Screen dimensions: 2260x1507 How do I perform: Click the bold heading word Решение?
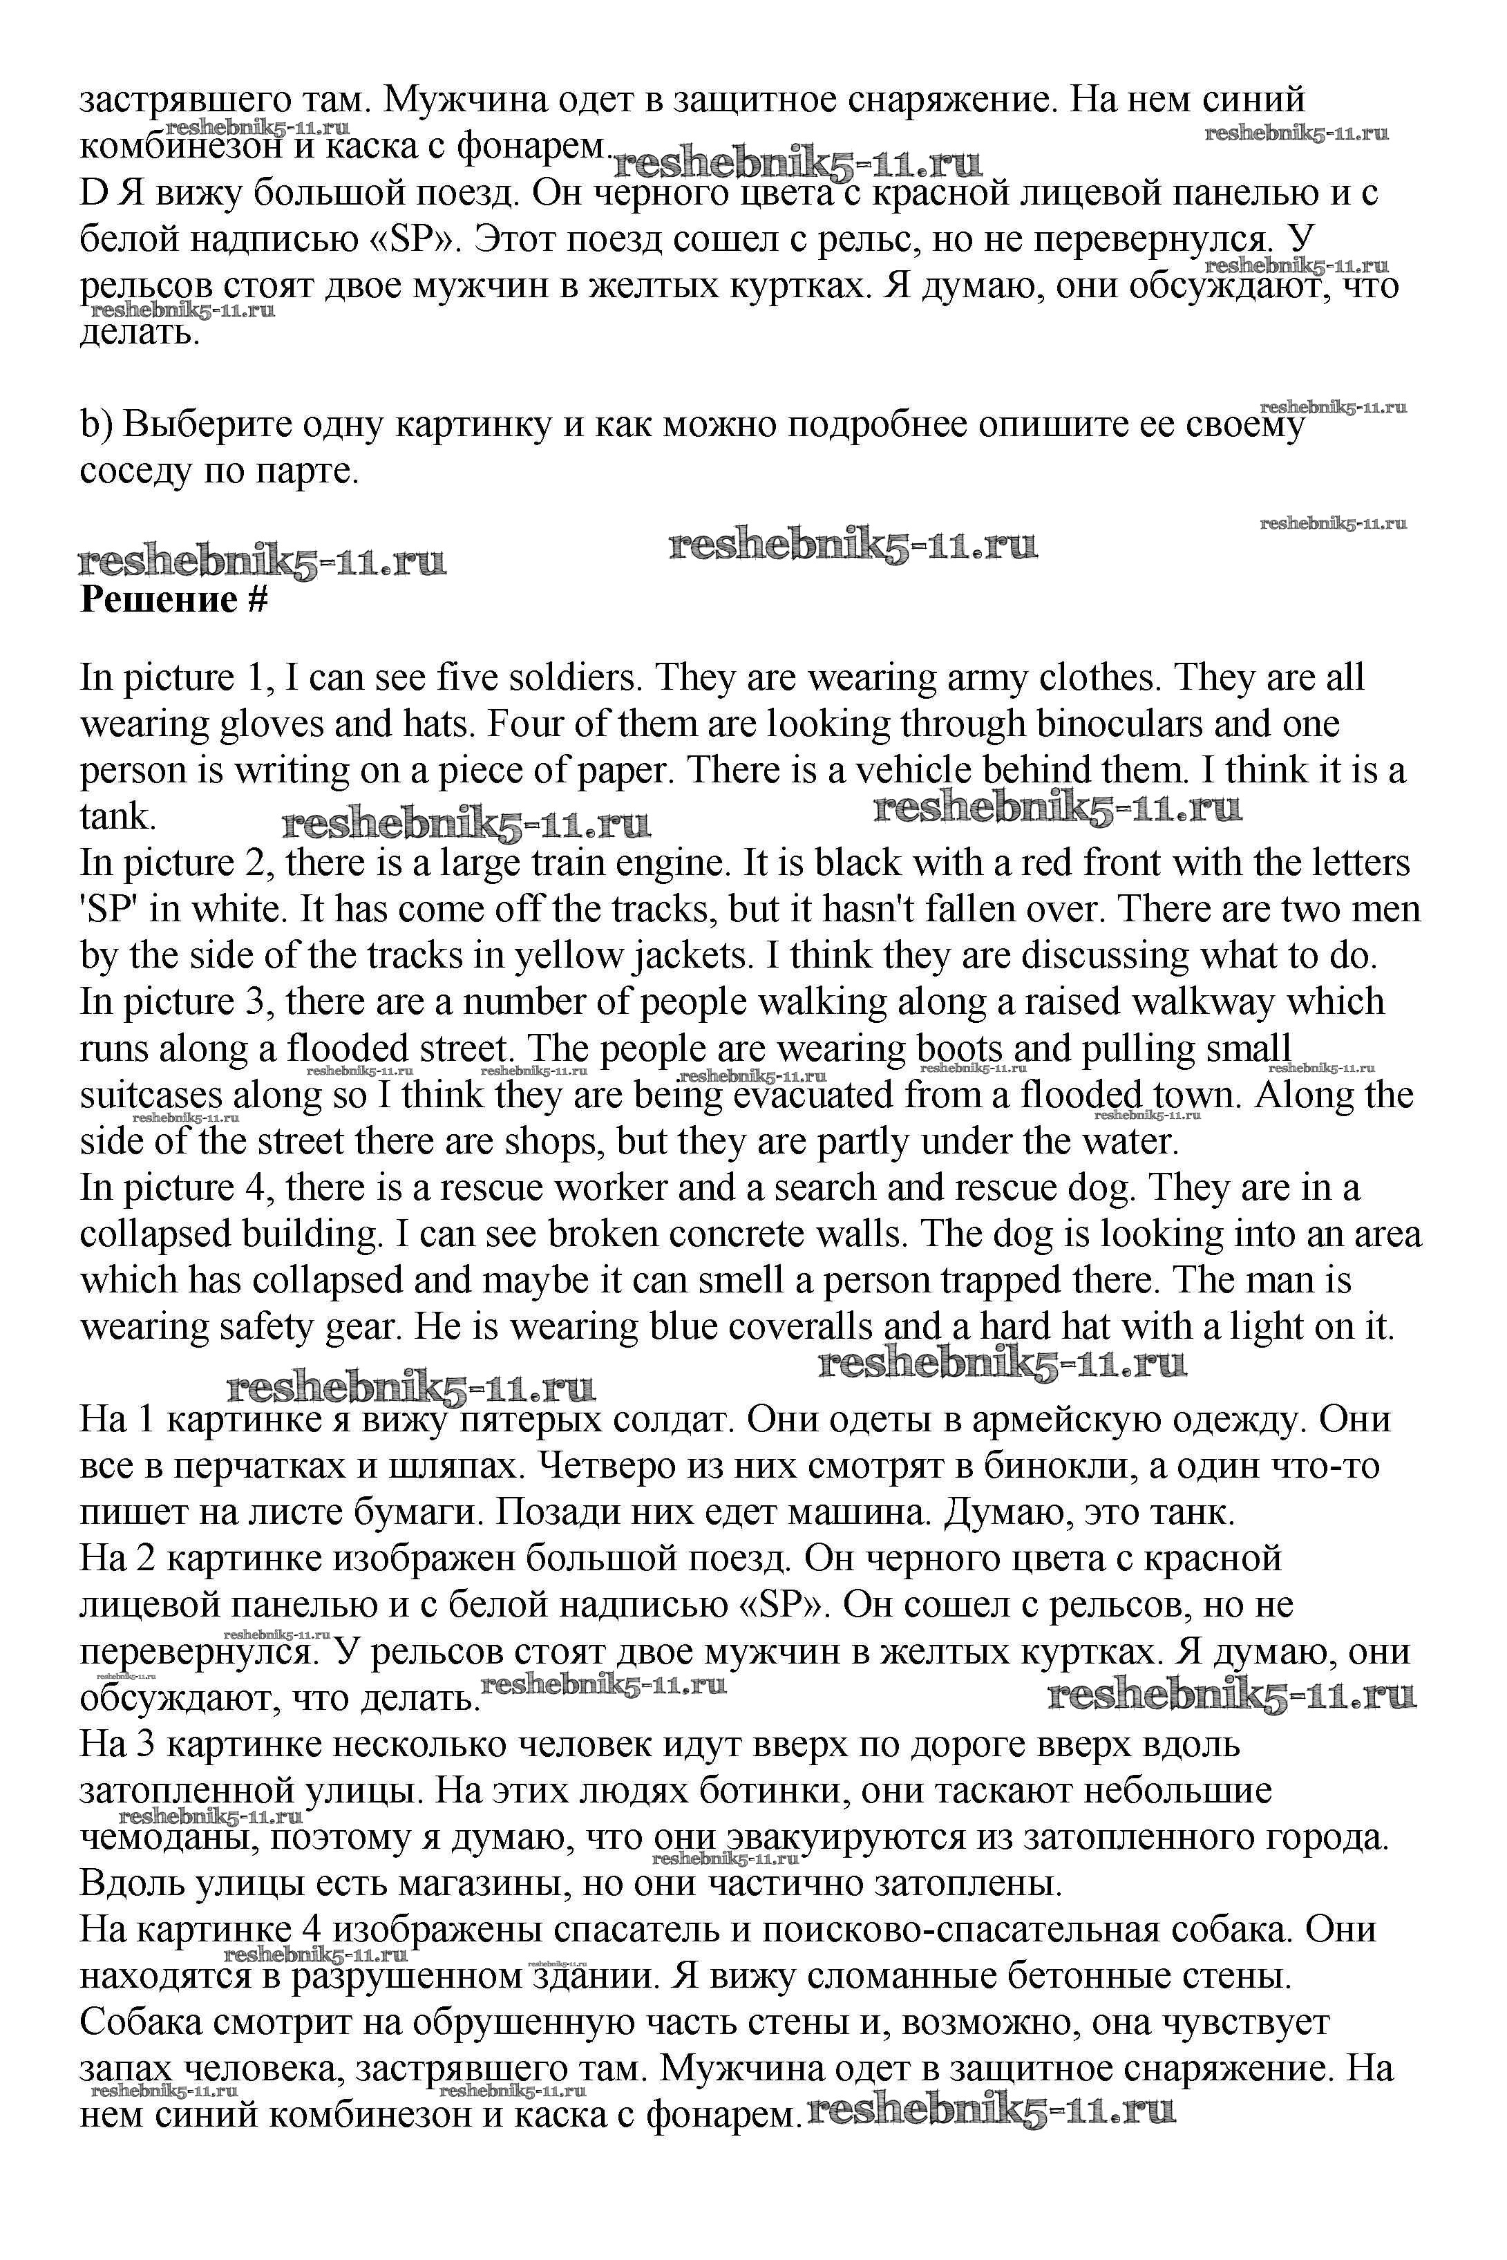[159, 599]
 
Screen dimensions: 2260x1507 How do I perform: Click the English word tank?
[115, 816]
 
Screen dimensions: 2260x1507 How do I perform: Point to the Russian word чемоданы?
[167, 1837]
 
